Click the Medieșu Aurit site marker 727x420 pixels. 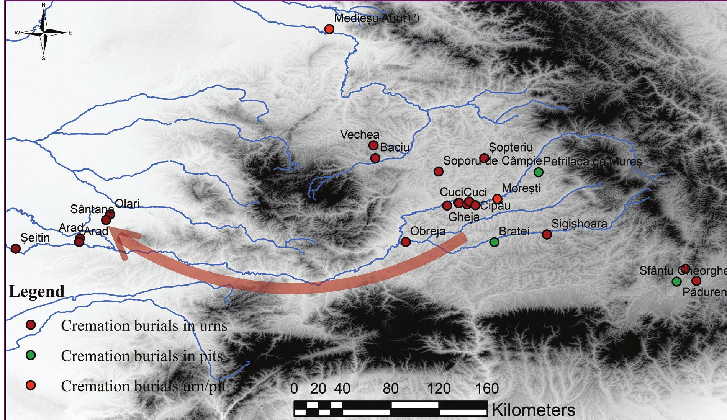coord(329,29)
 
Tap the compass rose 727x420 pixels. coord(44,33)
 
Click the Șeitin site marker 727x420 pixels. coord(16,248)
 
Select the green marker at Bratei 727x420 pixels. coord(494,242)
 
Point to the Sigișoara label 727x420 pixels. coord(579,224)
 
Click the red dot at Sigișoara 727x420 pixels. coord(547,234)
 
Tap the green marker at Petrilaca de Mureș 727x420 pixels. coord(539,172)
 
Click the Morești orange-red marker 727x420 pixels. coord(497,199)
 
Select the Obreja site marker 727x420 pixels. coord(406,242)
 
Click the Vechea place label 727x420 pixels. coord(360,134)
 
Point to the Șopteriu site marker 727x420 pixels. coord(484,158)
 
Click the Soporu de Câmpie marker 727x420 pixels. coord(439,171)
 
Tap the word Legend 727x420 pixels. coord(37,292)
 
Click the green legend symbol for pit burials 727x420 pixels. coord(31,355)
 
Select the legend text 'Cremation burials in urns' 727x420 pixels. coord(144,326)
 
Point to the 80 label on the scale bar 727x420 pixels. coord(390,389)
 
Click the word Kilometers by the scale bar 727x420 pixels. coord(533,410)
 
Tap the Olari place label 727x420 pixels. coord(127,204)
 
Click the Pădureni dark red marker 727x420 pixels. coord(696,281)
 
